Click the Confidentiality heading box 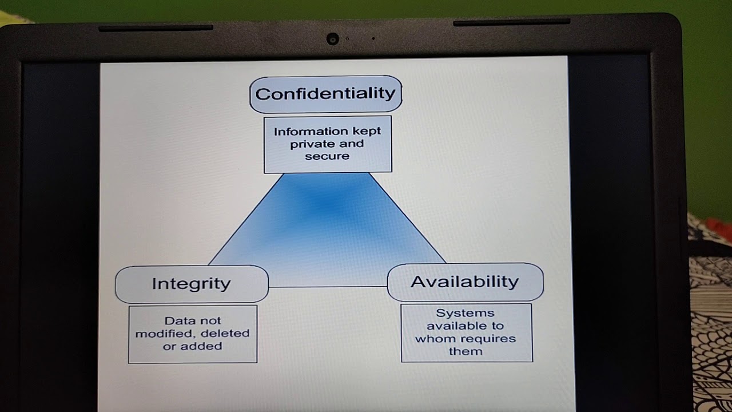click(x=325, y=94)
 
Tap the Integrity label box click(x=192, y=284)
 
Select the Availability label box click(x=465, y=282)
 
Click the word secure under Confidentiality click(x=327, y=156)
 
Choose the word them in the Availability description click(x=466, y=351)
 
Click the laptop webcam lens click(x=333, y=39)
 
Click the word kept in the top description click(x=367, y=132)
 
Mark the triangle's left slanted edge click(x=246, y=219)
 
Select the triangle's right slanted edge click(x=407, y=218)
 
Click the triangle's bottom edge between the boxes click(x=328, y=287)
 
